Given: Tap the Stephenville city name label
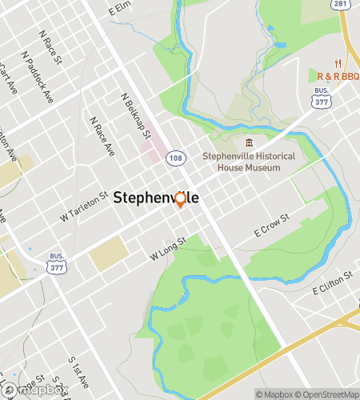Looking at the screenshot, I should point(156,198).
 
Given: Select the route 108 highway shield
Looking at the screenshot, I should point(175,158).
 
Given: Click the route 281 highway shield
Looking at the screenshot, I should point(341,6).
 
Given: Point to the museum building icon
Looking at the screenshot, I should point(248,142).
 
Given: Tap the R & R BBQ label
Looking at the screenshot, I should point(338,76).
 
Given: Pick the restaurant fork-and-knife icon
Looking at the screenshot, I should point(339,63).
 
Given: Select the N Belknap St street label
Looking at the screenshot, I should point(136,114).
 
